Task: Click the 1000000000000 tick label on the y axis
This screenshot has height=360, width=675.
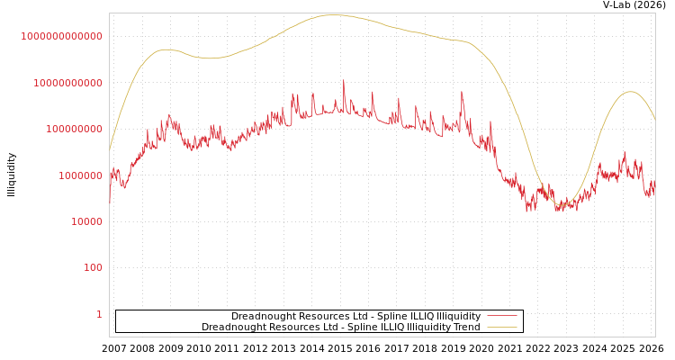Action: (x=62, y=36)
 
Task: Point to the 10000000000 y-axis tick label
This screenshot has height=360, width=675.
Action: (x=67, y=83)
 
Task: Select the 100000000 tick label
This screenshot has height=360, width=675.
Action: (x=73, y=130)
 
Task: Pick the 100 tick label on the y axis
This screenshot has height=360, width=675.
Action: (x=94, y=268)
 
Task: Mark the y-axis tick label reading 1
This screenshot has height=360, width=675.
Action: (x=99, y=314)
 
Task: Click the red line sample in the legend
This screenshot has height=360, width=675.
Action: (x=501, y=316)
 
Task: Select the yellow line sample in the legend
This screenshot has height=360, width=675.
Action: (x=501, y=327)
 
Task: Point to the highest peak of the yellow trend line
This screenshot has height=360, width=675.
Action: (x=333, y=14)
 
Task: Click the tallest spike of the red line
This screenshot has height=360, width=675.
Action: (x=343, y=81)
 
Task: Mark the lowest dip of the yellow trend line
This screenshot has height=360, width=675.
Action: (x=561, y=206)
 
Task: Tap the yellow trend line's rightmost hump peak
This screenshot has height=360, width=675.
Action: (x=630, y=92)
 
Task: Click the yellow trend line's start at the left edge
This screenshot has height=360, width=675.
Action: (x=110, y=148)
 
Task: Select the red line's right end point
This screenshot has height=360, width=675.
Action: (x=654, y=191)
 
